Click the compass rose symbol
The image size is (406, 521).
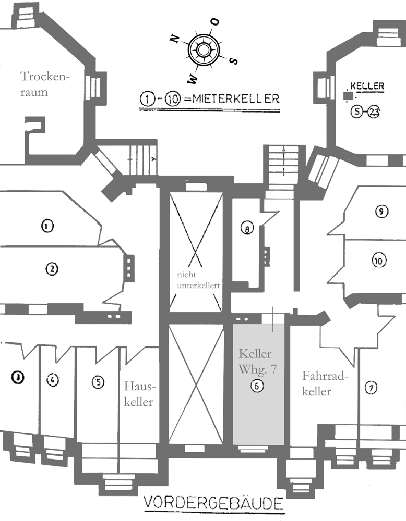(x=204, y=50)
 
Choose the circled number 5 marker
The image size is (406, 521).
(x=98, y=381)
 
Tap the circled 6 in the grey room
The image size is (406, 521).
(x=257, y=386)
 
